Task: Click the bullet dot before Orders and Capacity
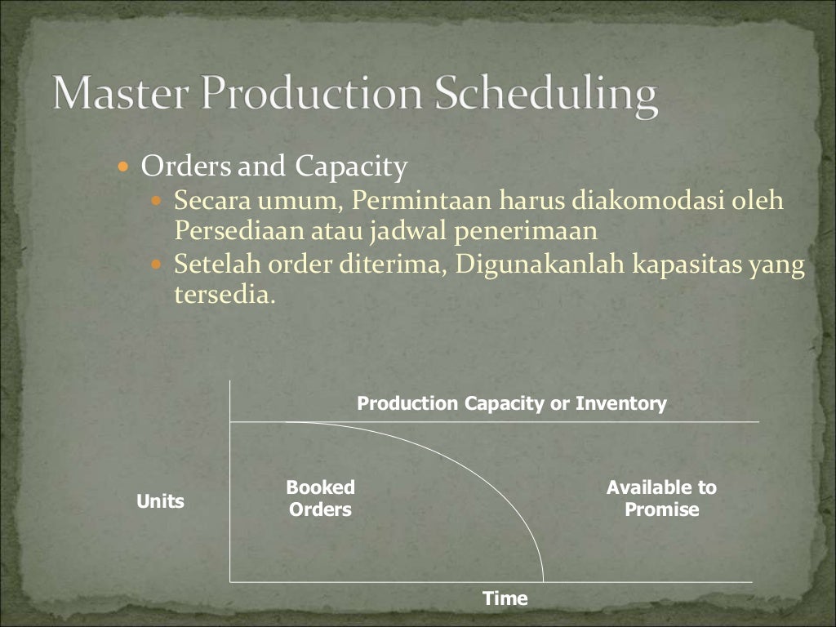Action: [x=123, y=167]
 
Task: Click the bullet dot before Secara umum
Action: [x=158, y=200]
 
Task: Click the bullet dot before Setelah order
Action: [x=158, y=265]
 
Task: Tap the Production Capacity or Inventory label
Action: [x=512, y=403]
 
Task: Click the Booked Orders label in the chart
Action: [x=320, y=499]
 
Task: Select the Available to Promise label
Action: [x=661, y=499]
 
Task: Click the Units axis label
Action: [x=160, y=501]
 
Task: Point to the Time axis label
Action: [x=505, y=598]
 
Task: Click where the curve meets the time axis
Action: [x=544, y=581]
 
